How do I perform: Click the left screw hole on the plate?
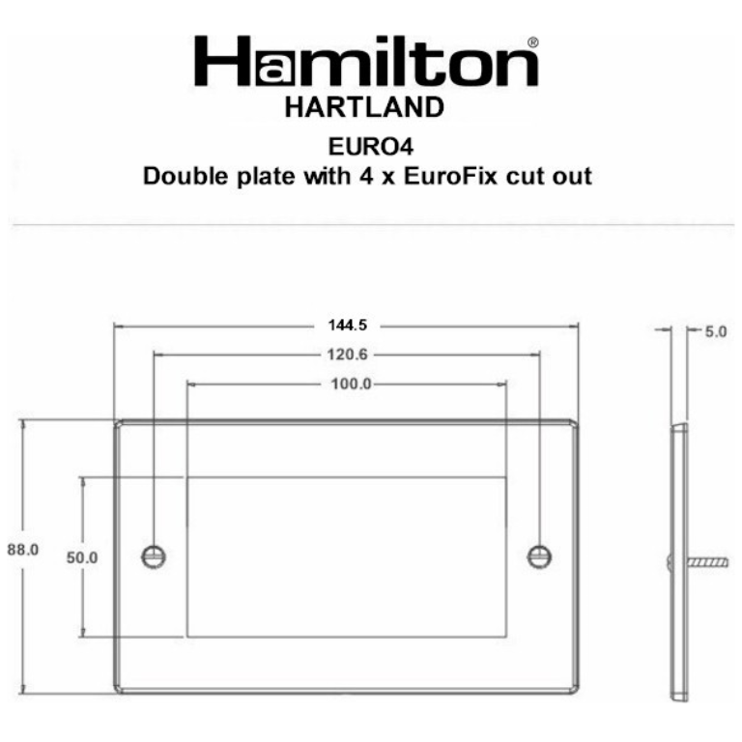coord(154,556)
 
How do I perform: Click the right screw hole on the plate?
coord(539,556)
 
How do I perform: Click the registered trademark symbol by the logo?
coord(533,43)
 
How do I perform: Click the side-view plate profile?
coord(679,560)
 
